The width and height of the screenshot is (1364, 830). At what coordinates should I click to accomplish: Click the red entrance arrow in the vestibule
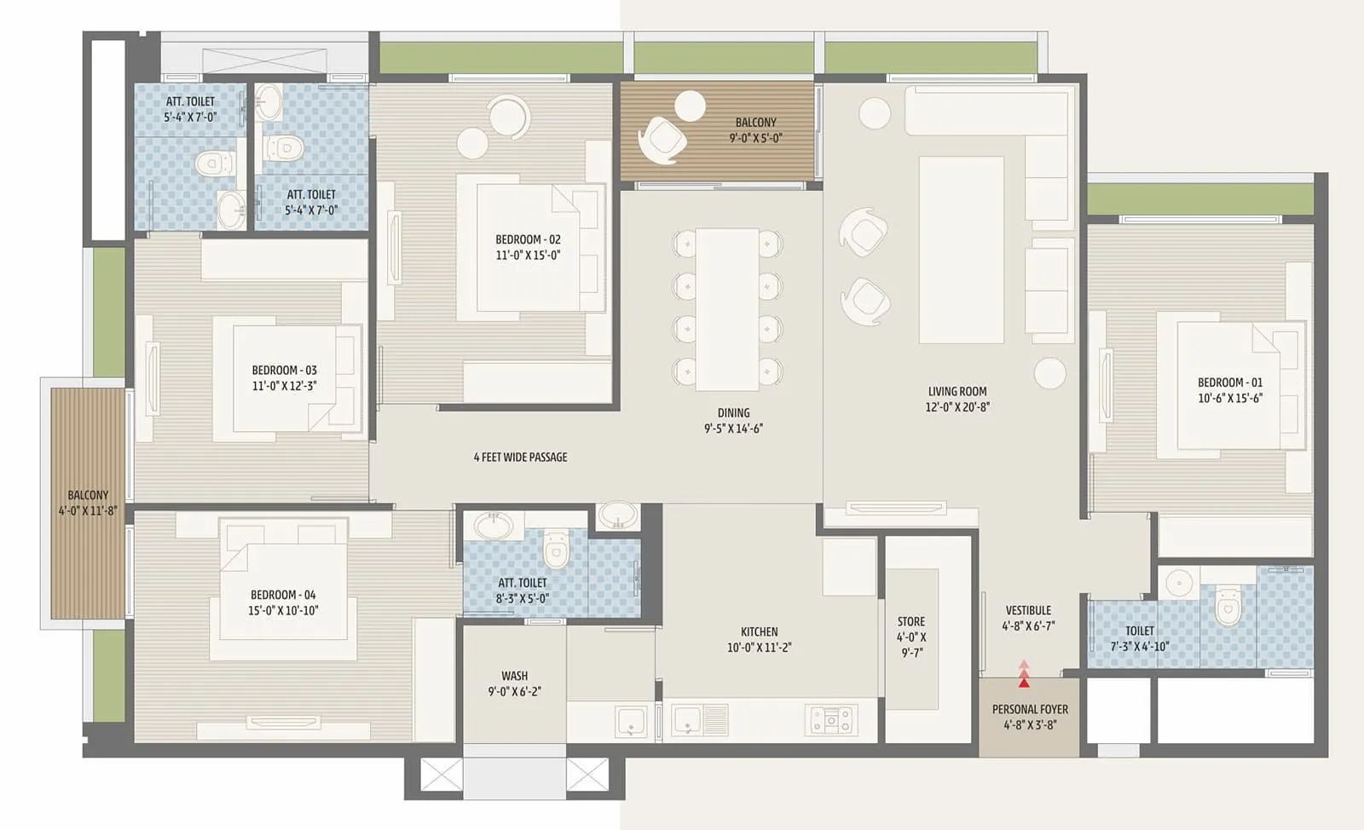[1024, 675]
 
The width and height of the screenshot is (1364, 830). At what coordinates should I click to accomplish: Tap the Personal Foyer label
[1030, 709]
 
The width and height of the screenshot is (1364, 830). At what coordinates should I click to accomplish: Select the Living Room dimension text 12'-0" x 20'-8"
[957, 407]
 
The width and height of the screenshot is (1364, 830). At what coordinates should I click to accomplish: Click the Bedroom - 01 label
[1229, 383]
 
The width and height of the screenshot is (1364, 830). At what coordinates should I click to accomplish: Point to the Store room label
[910, 622]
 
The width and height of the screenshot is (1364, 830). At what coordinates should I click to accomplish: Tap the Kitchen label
[759, 632]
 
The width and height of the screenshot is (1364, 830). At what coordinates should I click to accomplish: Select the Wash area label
[514, 676]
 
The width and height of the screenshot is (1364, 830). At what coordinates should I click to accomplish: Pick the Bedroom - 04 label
[283, 595]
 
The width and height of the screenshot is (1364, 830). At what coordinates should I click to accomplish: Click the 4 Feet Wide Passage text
[520, 458]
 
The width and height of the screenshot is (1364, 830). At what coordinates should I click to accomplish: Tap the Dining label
[733, 412]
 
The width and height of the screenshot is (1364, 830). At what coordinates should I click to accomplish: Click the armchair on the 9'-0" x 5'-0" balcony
[662, 140]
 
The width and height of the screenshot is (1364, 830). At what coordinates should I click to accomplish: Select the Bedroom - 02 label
[528, 239]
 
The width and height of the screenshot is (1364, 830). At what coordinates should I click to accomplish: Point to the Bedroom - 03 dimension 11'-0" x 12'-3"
[284, 386]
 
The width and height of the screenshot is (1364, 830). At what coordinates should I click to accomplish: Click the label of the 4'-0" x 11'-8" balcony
[88, 495]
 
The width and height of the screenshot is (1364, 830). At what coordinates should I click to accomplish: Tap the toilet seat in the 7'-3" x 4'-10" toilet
[1227, 607]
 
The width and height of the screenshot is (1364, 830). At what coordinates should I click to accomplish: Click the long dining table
[727, 308]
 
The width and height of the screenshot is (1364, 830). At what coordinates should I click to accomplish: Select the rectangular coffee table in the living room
[961, 250]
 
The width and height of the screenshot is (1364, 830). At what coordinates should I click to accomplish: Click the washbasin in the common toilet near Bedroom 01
[1180, 584]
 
